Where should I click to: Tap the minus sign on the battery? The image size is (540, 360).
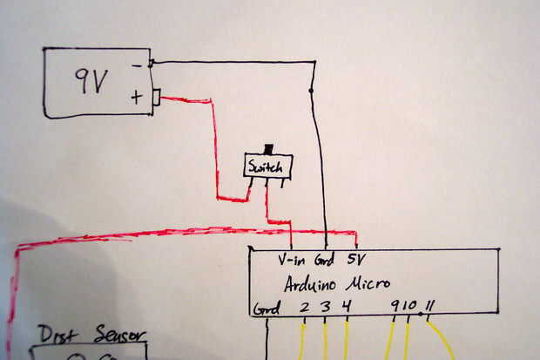pos(137,65)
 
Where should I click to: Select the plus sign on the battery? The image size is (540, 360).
pos(137,96)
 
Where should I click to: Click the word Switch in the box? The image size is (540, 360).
pos(267,166)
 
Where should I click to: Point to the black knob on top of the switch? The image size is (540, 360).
pos(268,147)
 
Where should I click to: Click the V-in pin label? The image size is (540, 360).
pos(293,260)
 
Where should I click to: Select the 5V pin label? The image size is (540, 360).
pos(357,259)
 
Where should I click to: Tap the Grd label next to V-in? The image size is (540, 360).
pos(325,260)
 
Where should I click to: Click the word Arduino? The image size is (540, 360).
pos(314,284)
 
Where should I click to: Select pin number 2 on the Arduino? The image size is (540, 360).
pos(304,307)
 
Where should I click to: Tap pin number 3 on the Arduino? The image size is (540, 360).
pos(326,307)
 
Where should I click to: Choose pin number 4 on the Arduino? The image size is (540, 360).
pos(347,306)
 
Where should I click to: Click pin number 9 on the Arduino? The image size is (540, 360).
pos(395,306)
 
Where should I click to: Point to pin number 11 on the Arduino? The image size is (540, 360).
pos(430,306)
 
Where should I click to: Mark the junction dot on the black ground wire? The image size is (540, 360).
pos(311,90)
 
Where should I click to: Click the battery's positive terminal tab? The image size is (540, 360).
pos(157,97)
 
